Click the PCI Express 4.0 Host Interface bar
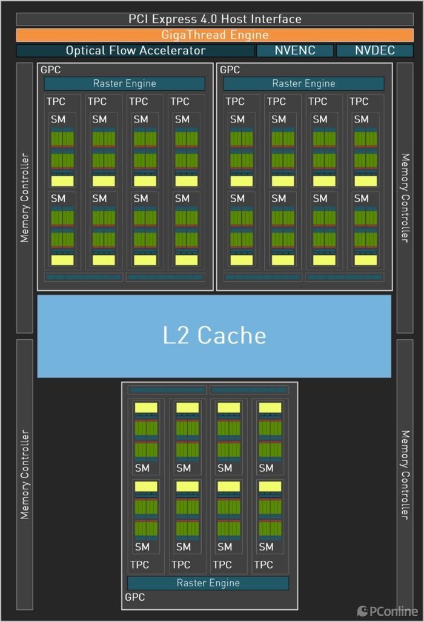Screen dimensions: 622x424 pyautogui.click(x=214, y=19)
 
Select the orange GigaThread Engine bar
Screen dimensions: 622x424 pyautogui.click(x=214, y=35)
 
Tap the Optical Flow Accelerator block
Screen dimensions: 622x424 pyautogui.click(x=135, y=50)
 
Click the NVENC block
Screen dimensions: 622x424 pyautogui.click(x=295, y=50)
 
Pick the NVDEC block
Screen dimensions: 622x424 pyautogui.click(x=374, y=50)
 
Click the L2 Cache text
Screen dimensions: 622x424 pyautogui.click(x=214, y=335)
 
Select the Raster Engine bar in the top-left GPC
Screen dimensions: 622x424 pyautogui.click(x=124, y=84)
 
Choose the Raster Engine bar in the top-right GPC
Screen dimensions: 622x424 pyautogui.click(x=303, y=84)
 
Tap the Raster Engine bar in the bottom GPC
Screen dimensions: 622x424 pyautogui.click(x=208, y=583)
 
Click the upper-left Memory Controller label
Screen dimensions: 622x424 pyautogui.click(x=25, y=198)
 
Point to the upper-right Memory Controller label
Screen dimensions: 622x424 pyautogui.click(x=405, y=198)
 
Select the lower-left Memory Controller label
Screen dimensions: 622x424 pyautogui.click(x=25, y=474)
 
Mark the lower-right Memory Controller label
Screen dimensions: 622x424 pyautogui.click(x=405, y=474)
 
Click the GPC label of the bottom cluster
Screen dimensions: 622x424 pyautogui.click(x=134, y=597)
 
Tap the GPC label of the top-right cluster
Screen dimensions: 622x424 pyautogui.click(x=230, y=70)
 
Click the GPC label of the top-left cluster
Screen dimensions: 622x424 pyautogui.click(x=51, y=70)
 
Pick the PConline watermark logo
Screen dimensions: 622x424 pyautogui.click(x=387, y=611)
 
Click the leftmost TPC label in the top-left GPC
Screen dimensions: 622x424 pyautogui.click(x=56, y=101)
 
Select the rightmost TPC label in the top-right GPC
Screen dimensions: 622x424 pyautogui.click(x=359, y=101)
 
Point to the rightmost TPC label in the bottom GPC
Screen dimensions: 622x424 pyautogui.click(x=263, y=564)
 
